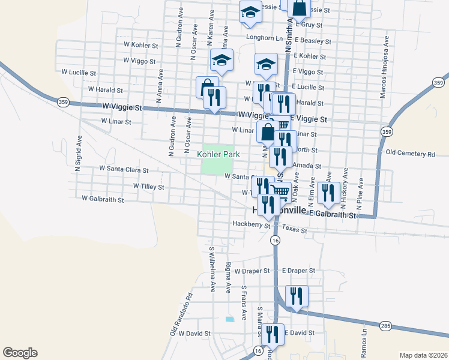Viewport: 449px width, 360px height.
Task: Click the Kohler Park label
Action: pos(218,154)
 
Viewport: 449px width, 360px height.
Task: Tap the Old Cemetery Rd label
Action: pos(410,154)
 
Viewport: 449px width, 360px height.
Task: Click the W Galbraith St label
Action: pos(103,199)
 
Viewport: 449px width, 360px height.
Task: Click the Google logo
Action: pos(20,353)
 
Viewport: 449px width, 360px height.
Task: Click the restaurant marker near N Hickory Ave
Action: pos(328,192)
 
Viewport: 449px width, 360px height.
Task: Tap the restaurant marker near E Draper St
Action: pos(297,296)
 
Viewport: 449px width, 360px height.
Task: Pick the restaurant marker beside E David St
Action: pos(273,334)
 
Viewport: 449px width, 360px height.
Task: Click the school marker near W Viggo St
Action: pos(221,60)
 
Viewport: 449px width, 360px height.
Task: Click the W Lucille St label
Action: pos(79,72)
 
